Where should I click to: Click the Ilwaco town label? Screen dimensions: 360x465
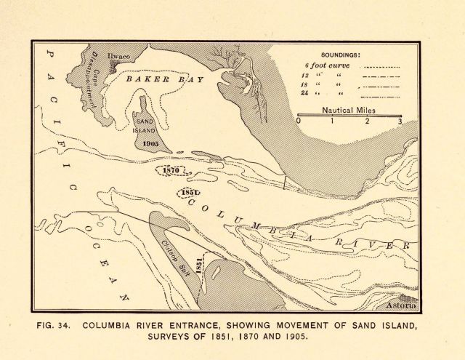118,56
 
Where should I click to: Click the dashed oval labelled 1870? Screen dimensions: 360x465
172,170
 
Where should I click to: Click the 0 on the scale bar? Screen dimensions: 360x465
299,121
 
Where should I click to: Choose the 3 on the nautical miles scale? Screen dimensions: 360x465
400,121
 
